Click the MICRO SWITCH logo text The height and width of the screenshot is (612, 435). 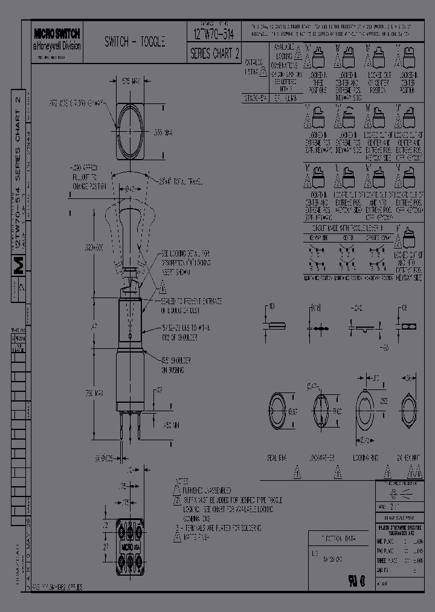point(57,34)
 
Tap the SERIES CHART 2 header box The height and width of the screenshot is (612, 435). point(215,53)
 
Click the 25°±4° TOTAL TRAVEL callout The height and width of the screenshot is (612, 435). point(180,181)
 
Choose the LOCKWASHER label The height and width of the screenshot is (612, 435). point(322,458)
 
